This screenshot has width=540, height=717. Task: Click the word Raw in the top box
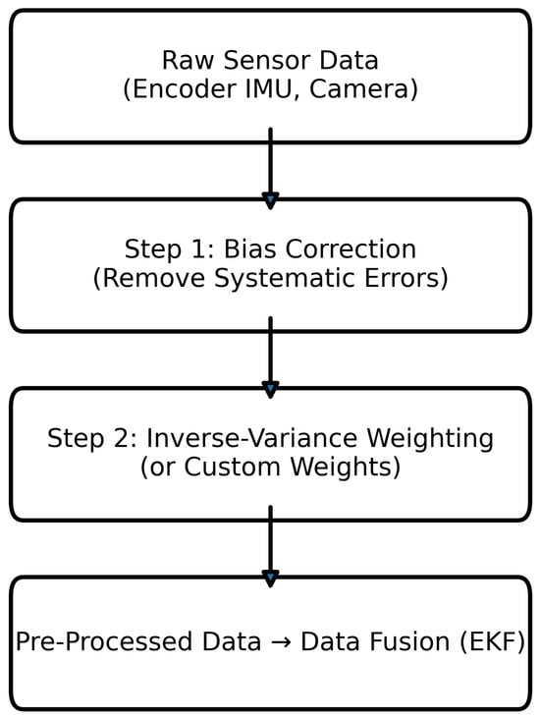182,61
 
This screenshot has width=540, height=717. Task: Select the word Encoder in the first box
175,89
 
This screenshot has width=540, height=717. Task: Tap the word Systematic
289,279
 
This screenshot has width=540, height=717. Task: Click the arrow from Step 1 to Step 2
270,358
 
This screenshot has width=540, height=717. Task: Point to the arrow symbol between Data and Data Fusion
281,643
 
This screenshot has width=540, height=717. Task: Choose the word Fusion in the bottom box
401,642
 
